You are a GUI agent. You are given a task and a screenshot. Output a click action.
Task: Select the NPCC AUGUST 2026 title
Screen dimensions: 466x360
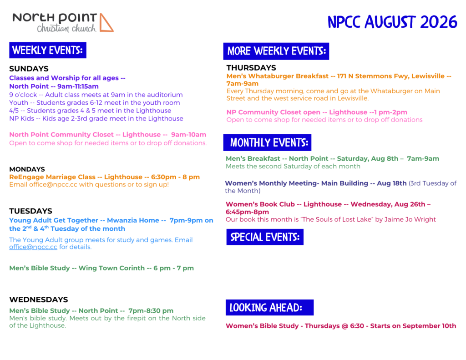click(x=392, y=22)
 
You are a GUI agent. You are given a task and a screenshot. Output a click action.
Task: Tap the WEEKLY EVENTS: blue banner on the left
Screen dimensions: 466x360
click(x=48, y=50)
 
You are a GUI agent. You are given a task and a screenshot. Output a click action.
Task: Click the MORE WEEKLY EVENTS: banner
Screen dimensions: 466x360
click(x=276, y=51)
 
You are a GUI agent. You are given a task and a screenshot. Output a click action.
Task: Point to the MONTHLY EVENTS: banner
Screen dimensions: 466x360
click(x=267, y=143)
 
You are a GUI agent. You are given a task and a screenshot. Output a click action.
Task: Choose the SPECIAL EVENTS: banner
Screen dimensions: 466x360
click(x=265, y=237)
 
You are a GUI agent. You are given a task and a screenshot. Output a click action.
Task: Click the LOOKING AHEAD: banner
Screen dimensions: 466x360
click(x=269, y=307)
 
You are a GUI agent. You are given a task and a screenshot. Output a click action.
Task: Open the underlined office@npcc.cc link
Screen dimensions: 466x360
click(x=33, y=247)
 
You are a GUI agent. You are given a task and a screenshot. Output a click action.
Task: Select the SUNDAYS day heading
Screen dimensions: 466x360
click(x=29, y=69)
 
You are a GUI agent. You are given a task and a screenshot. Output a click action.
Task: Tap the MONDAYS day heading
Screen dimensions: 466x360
click(x=27, y=169)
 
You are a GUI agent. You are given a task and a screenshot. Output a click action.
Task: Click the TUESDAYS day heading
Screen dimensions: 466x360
click(x=30, y=211)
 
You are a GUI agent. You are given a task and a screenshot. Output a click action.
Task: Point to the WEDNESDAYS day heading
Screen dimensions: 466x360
click(x=39, y=299)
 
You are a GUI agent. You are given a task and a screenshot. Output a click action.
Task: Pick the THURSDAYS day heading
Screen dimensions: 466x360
click(x=251, y=68)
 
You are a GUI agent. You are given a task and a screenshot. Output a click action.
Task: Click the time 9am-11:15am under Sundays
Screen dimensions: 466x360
click(x=78, y=86)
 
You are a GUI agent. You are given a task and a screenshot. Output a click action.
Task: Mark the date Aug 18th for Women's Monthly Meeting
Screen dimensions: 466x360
click(x=392, y=183)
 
